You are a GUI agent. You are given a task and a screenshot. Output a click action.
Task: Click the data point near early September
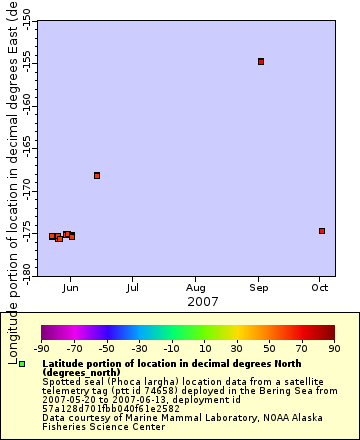tap(261, 61)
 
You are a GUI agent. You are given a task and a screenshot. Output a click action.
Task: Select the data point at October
tap(322, 231)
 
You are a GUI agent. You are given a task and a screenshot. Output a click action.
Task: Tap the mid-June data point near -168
tap(97, 175)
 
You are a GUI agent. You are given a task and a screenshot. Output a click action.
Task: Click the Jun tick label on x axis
tap(70, 288)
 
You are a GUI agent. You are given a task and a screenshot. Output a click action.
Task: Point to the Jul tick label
tap(132, 288)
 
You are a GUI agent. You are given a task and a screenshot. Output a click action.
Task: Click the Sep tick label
tap(258, 288)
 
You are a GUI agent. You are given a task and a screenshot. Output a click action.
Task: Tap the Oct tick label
tap(319, 288)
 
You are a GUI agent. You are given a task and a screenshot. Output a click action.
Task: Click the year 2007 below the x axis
tap(203, 301)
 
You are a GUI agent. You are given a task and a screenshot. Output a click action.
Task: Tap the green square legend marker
tap(22, 364)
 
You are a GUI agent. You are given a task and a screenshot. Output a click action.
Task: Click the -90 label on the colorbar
tap(42, 349)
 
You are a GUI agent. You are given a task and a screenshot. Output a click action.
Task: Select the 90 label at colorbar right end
tap(334, 349)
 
